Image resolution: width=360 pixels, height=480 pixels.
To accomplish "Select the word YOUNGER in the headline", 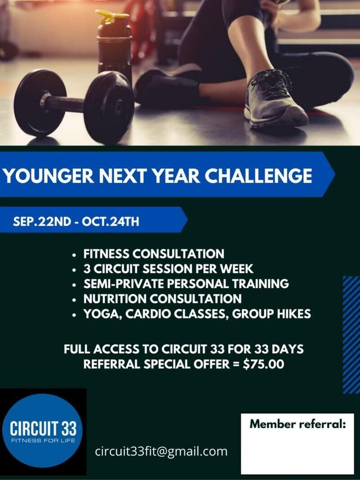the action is (x=49, y=176).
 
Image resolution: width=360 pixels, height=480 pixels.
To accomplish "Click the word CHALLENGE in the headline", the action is (x=258, y=176).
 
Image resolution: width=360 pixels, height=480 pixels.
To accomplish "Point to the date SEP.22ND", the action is (x=42, y=221).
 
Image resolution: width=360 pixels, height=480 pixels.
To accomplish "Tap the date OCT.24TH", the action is (x=111, y=221).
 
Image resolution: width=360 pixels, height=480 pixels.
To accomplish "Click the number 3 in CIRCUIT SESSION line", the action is (x=87, y=269).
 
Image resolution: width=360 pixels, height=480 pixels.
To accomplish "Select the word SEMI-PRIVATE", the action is (x=124, y=284).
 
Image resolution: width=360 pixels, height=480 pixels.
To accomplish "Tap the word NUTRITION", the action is (x=115, y=299).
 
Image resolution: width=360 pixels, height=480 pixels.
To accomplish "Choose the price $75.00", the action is (x=264, y=364).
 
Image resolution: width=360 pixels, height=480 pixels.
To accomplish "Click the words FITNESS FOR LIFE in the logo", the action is (x=43, y=441).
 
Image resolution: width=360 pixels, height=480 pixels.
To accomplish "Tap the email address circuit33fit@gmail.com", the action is (x=162, y=452).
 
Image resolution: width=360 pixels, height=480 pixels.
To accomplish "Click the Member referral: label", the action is (x=297, y=424).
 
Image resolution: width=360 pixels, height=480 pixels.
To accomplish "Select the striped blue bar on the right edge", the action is (x=351, y=335).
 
